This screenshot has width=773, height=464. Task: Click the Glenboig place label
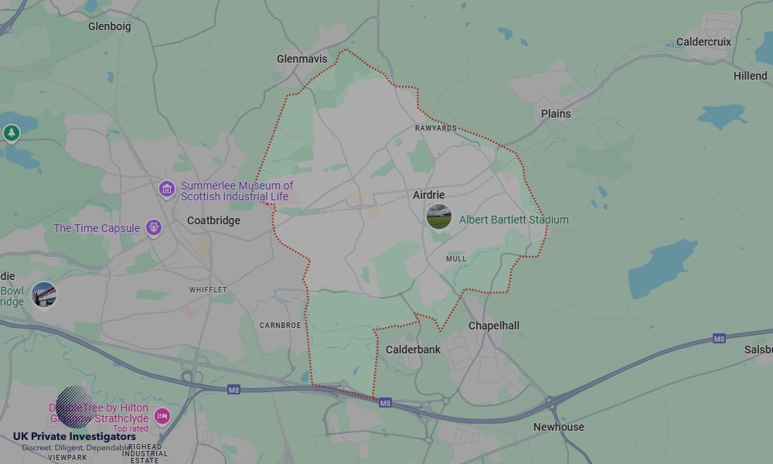(x=109, y=26)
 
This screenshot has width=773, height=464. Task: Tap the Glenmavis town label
(x=301, y=59)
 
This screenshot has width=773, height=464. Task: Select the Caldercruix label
(x=703, y=42)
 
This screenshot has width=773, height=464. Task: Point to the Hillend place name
(x=750, y=76)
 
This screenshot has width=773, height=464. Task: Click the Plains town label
(x=555, y=114)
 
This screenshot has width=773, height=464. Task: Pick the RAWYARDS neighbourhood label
(x=435, y=128)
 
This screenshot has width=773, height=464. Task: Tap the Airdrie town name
(x=428, y=196)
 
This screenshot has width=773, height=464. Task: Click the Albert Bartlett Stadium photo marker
(x=438, y=217)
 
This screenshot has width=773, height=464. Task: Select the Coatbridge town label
(x=213, y=220)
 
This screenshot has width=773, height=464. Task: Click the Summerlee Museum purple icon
(x=166, y=189)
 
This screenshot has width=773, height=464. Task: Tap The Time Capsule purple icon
(x=153, y=228)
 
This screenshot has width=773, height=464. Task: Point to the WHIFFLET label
(x=208, y=290)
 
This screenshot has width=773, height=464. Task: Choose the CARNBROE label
(x=280, y=326)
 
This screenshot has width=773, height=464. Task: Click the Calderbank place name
(x=413, y=350)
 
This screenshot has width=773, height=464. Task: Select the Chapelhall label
(x=494, y=326)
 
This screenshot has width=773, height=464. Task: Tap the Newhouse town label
(x=558, y=427)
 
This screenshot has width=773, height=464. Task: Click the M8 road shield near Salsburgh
(x=719, y=339)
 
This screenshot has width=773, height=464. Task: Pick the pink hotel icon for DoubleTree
(x=162, y=417)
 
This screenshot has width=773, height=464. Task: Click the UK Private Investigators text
(x=74, y=437)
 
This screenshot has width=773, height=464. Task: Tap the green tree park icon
(x=11, y=133)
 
